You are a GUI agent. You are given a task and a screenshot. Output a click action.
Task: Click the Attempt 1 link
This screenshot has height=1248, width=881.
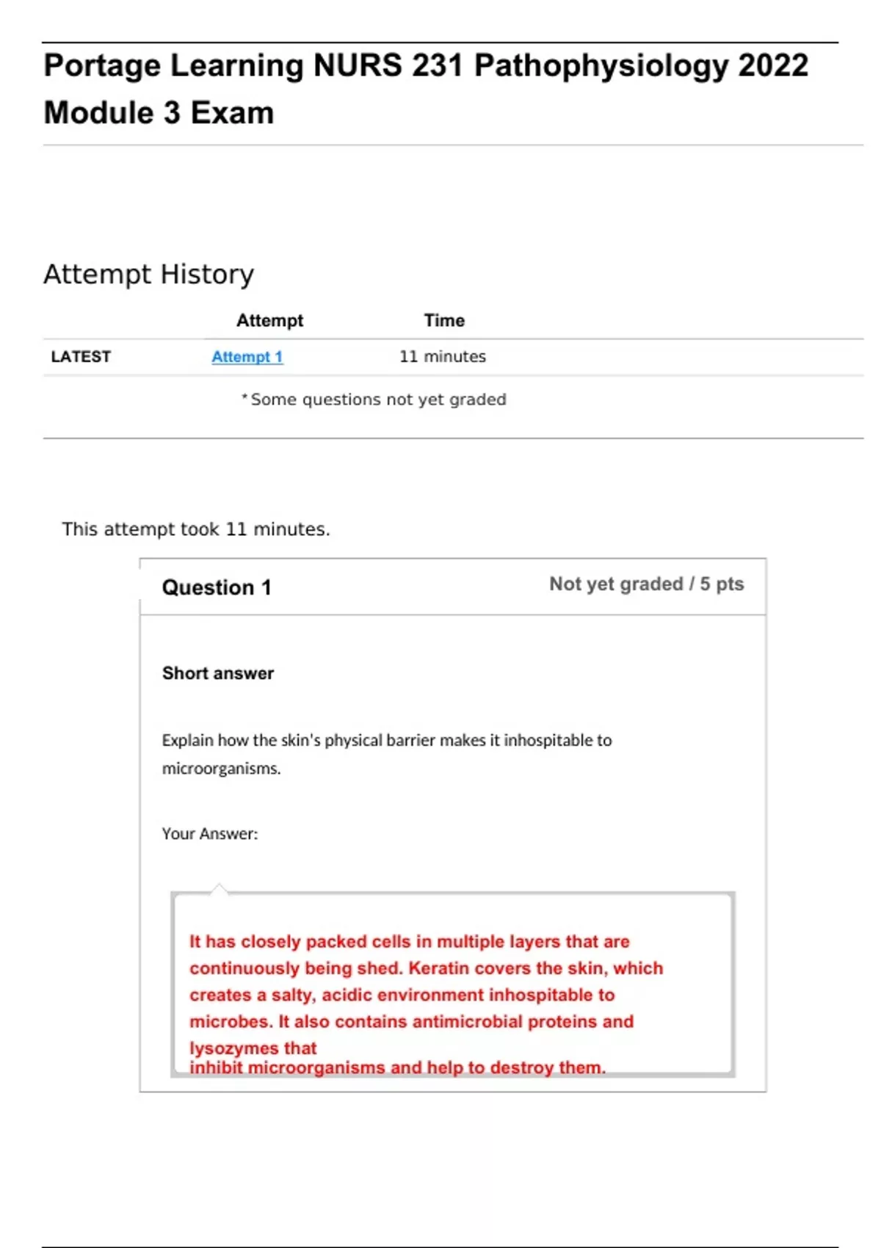tap(247, 357)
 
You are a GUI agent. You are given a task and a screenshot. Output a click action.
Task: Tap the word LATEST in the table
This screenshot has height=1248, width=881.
tap(81, 357)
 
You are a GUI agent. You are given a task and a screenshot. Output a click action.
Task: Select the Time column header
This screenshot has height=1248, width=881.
tap(444, 321)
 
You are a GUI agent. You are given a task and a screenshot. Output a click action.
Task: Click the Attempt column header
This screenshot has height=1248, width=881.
tap(269, 321)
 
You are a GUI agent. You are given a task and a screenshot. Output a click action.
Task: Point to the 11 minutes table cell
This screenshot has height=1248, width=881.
tap(442, 357)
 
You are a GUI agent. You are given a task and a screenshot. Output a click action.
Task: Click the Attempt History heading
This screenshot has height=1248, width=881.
tap(148, 275)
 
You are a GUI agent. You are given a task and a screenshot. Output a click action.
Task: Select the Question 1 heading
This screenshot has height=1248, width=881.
tap(217, 587)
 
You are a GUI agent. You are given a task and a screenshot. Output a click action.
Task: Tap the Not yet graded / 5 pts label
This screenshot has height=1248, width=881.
tap(646, 584)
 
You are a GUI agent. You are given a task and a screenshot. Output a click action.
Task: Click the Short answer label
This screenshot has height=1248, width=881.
tap(217, 673)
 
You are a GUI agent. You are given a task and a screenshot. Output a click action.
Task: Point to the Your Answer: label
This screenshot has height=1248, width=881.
tap(210, 834)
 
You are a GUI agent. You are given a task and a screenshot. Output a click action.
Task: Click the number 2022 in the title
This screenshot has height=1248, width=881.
tap(772, 66)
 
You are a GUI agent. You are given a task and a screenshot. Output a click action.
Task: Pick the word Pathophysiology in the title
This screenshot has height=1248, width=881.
tap(601, 66)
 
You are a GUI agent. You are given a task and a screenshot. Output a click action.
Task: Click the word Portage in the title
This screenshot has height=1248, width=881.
tap(102, 66)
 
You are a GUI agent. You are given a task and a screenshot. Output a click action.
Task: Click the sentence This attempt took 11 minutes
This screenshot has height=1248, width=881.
tap(196, 529)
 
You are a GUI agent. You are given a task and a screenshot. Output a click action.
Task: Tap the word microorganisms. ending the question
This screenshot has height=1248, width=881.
tap(221, 769)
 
